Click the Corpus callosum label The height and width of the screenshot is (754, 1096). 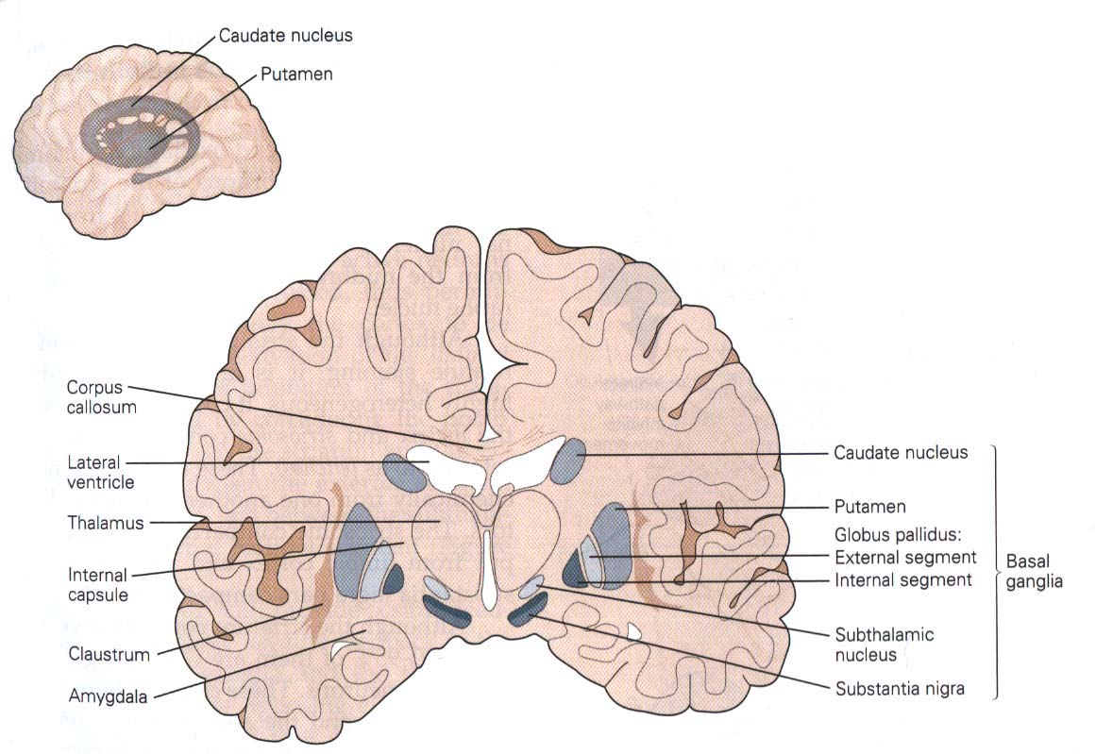tap(101, 397)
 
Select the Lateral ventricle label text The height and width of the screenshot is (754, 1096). tap(101, 473)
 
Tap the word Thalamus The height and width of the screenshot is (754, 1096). tap(106, 523)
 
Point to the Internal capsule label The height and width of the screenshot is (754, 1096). tap(98, 586)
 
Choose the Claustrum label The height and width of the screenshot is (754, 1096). tap(110, 655)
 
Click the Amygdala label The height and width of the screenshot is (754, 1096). tap(108, 696)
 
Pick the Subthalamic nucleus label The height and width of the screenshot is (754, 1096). tap(885, 645)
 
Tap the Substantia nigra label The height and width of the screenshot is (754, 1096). tap(900, 689)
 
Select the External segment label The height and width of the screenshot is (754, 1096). tap(905, 557)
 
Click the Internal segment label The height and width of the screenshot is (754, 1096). tap(903, 580)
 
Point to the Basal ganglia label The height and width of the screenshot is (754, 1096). tap(1034, 571)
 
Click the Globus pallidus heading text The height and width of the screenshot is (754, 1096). tap(898, 535)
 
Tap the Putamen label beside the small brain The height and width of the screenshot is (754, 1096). tap(296, 74)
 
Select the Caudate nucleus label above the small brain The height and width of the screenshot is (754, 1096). tap(285, 36)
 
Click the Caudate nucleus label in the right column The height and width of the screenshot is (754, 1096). tap(901, 453)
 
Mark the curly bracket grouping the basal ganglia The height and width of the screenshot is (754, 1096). tap(995, 571)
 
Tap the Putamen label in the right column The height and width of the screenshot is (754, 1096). tap(870, 507)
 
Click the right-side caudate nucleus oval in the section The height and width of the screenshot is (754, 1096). tap(567, 461)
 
